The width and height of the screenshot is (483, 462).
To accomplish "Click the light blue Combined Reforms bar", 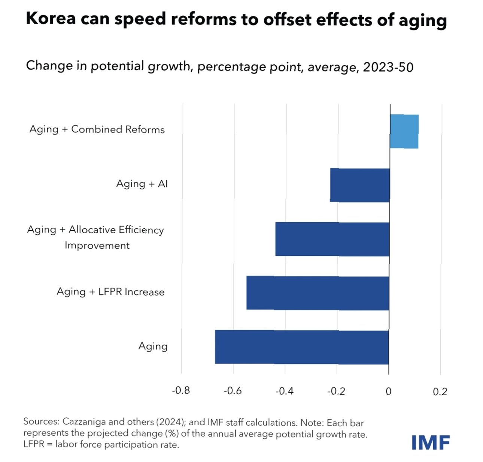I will click(x=404, y=132).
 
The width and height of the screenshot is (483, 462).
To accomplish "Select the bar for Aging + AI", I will click(x=360, y=185).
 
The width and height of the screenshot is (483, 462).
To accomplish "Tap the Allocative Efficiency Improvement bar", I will click(x=332, y=239).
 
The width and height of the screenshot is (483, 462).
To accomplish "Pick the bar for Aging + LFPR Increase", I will click(x=318, y=293).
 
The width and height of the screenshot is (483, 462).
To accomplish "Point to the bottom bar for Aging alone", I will click(x=302, y=347).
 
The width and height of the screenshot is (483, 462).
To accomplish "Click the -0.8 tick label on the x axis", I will click(x=181, y=391).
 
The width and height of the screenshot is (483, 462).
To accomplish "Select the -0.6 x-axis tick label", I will click(x=233, y=391).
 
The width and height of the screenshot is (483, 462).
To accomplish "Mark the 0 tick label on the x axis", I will click(x=388, y=391).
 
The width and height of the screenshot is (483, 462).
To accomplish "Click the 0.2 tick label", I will click(x=440, y=392).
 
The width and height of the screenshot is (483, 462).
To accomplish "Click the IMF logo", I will click(x=431, y=443).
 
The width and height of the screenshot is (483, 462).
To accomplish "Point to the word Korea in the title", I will click(x=51, y=18).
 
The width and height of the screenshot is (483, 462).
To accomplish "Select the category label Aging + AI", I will click(x=142, y=184).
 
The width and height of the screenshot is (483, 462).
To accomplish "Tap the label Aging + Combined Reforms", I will click(x=97, y=129).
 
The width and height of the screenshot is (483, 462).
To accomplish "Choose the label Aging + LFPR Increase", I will click(x=110, y=292).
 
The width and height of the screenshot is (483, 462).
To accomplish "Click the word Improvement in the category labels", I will click(x=97, y=245).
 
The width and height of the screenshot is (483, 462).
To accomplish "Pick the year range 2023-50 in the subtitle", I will click(x=388, y=67).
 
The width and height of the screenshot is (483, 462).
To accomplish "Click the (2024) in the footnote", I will click(x=170, y=422).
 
